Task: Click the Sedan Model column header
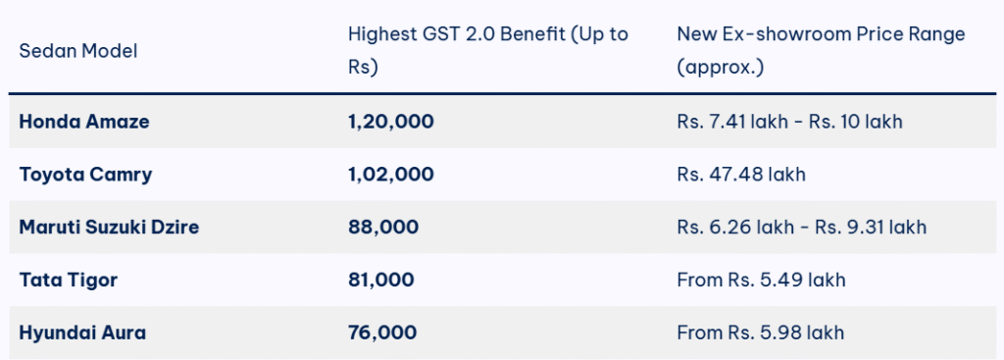pyautogui.click(x=78, y=50)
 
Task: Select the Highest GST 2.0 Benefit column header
pyautogui.click(x=487, y=50)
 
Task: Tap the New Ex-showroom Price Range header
pyautogui.click(x=821, y=50)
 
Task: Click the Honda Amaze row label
pyautogui.click(x=84, y=122)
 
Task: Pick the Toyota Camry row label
pyautogui.click(x=86, y=175)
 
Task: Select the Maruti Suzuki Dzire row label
pyautogui.click(x=117, y=227)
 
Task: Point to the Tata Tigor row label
pyautogui.click(x=69, y=280)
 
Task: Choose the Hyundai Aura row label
pyautogui.click(x=82, y=333)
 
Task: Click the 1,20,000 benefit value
pyautogui.click(x=390, y=122)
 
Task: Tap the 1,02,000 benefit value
pyautogui.click(x=390, y=175)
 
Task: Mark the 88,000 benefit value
pyautogui.click(x=383, y=227)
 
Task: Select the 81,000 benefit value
pyautogui.click(x=380, y=280)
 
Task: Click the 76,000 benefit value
pyautogui.click(x=382, y=333)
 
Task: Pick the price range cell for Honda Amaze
pyautogui.click(x=789, y=122)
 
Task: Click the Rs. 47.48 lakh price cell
pyautogui.click(x=741, y=175)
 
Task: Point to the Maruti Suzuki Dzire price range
pyautogui.click(x=801, y=227)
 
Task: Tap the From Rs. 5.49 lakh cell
pyautogui.click(x=761, y=280)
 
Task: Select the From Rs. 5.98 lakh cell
pyautogui.click(x=761, y=333)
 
